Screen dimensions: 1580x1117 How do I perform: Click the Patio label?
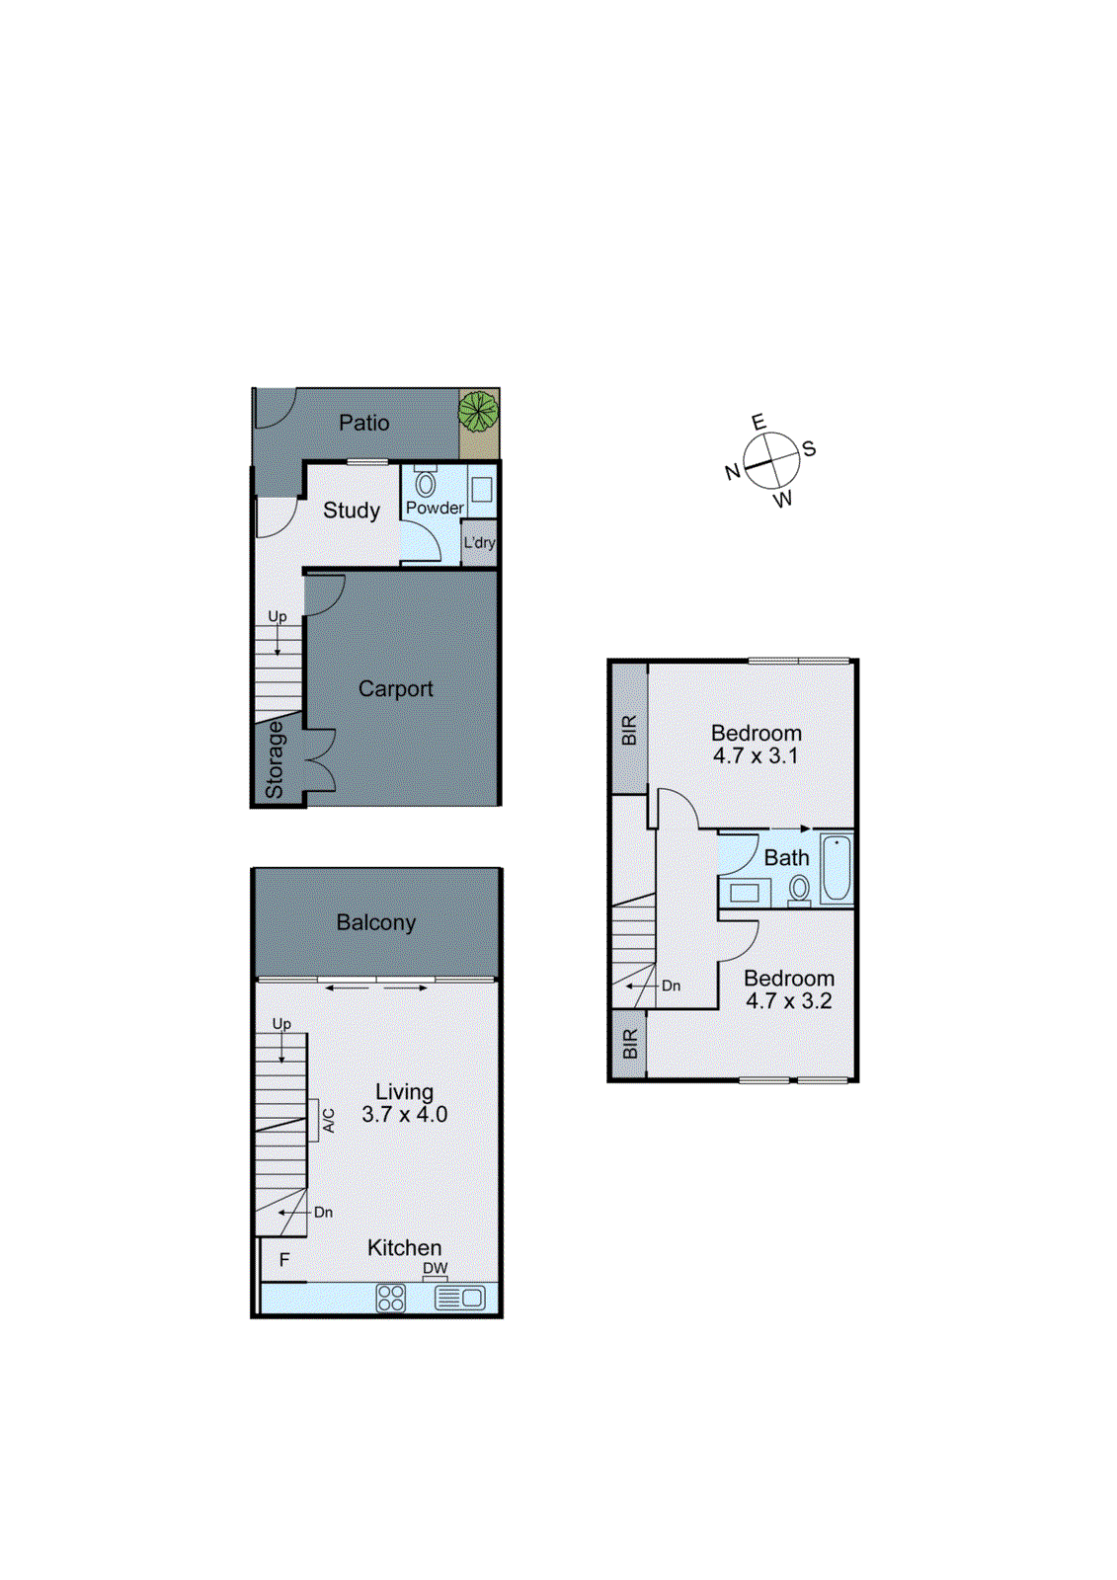363,423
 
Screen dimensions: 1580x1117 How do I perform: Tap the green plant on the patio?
478,410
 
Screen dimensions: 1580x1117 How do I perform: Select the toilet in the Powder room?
426,484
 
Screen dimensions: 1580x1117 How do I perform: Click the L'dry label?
479,542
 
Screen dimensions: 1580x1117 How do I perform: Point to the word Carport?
395,689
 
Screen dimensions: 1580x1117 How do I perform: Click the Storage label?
275,759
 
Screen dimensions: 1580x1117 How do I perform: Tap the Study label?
352,511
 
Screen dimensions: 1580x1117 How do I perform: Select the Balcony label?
375,922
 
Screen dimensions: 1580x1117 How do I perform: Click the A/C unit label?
329,1120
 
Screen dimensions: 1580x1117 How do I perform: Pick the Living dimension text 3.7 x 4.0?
404,1115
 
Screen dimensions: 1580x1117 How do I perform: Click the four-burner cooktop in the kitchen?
391,1298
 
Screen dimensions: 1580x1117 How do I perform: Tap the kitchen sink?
460,1298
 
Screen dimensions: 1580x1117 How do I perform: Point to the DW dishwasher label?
435,1269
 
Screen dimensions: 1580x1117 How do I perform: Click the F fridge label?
284,1260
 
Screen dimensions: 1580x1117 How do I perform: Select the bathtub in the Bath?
837,868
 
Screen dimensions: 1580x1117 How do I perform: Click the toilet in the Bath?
799,889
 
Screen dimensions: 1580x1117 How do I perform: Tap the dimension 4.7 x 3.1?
756,756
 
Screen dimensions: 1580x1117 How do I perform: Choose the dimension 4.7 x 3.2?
788,1001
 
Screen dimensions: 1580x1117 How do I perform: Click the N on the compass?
732,472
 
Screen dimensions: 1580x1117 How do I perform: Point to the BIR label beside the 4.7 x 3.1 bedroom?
629,730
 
